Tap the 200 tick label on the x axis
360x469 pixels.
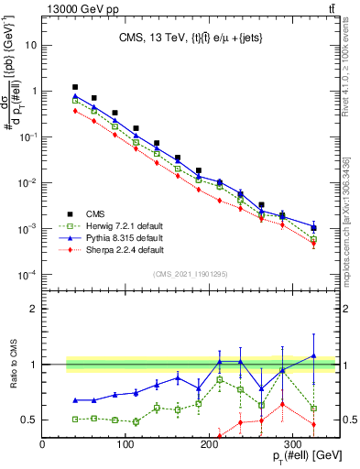[191, 446]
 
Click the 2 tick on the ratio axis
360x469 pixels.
[34, 309]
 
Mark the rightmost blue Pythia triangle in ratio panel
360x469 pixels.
[314, 355]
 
